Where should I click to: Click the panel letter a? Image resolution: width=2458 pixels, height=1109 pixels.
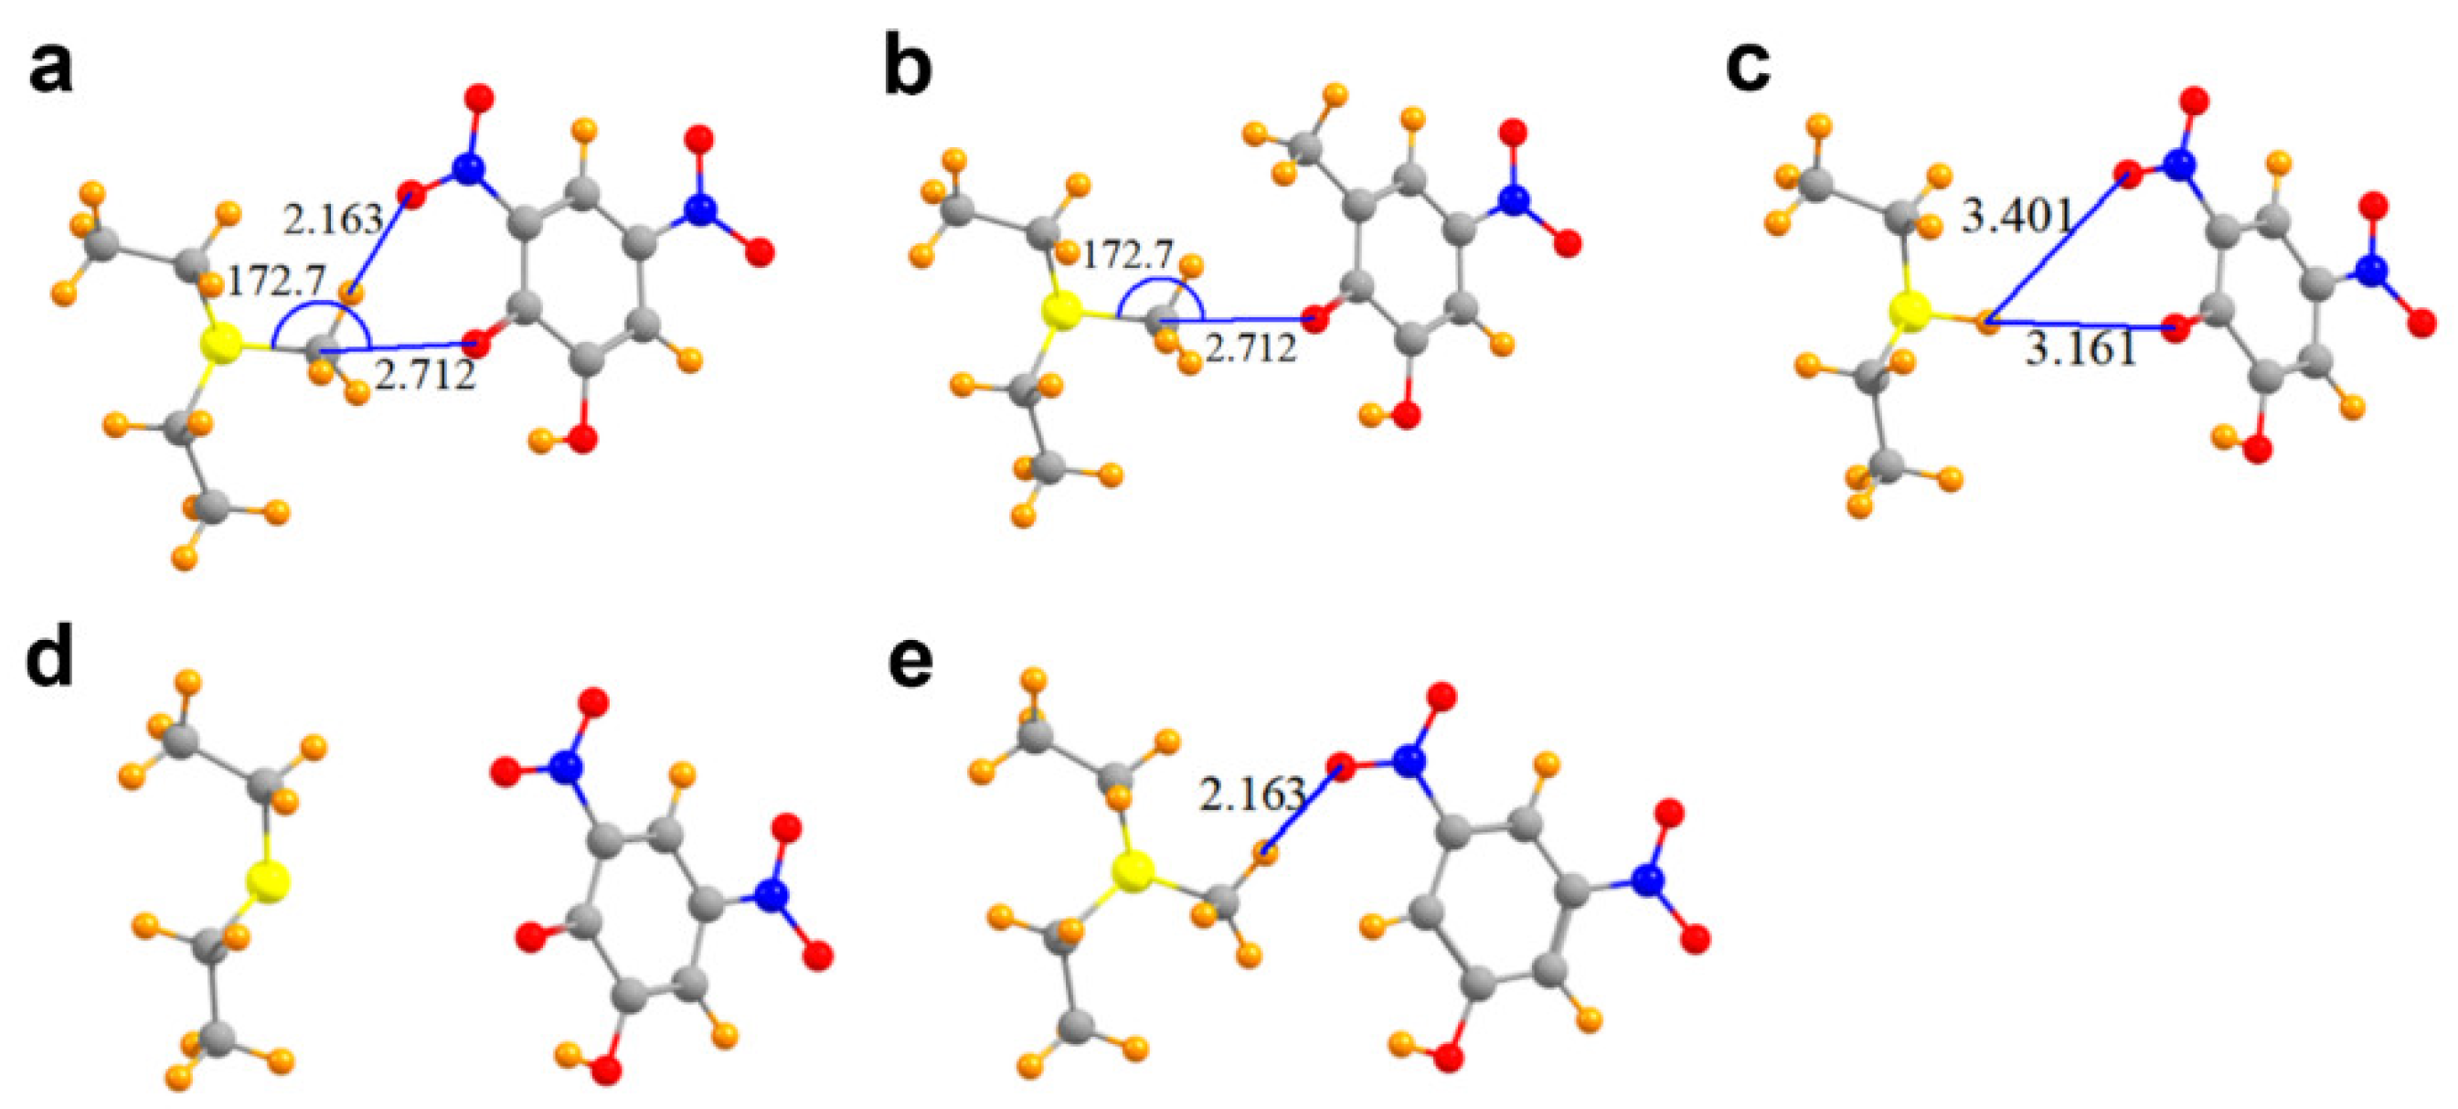point(50,70)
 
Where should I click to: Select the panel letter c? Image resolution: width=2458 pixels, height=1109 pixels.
point(1748,65)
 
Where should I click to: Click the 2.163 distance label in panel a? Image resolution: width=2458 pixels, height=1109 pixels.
point(331,220)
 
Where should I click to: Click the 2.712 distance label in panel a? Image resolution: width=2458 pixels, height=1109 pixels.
point(425,377)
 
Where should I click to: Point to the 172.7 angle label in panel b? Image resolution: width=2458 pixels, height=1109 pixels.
point(1127,256)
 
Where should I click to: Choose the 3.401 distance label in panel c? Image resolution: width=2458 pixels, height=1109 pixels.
point(2016,218)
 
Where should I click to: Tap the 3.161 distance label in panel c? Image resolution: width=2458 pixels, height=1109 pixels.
point(2081,351)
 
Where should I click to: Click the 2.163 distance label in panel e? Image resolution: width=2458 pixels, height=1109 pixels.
point(1251,794)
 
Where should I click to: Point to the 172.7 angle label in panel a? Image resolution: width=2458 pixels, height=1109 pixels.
point(277,282)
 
